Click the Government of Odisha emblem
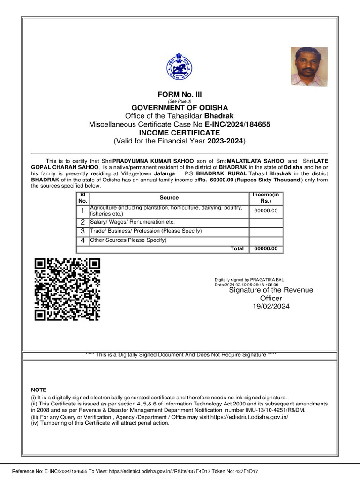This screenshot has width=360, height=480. coord(180,67)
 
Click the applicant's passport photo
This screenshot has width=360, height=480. coord(309,66)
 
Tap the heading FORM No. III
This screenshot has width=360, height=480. coord(180,94)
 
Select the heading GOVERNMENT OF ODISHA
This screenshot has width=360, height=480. coord(180,108)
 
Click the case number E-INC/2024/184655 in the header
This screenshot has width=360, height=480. coord(237,124)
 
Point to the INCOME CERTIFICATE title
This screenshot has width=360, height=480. coord(180,133)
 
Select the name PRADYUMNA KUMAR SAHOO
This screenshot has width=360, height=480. coord(150,160)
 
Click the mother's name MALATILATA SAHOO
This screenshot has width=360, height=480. coord(255,160)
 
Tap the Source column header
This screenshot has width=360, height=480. coord(169,198)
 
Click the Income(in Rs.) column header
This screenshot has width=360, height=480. coord(266,198)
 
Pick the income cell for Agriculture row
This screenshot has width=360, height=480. coord(266,210)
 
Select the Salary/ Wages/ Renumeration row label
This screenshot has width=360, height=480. coord(132,222)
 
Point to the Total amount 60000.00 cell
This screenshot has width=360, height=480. coord(266,248)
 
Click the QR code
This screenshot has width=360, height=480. coord(67,289)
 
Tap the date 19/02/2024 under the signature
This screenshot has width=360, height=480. coord(271,306)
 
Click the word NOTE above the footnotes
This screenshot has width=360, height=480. coord(38,390)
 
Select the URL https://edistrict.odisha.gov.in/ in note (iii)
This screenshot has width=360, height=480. coord(249,417)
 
